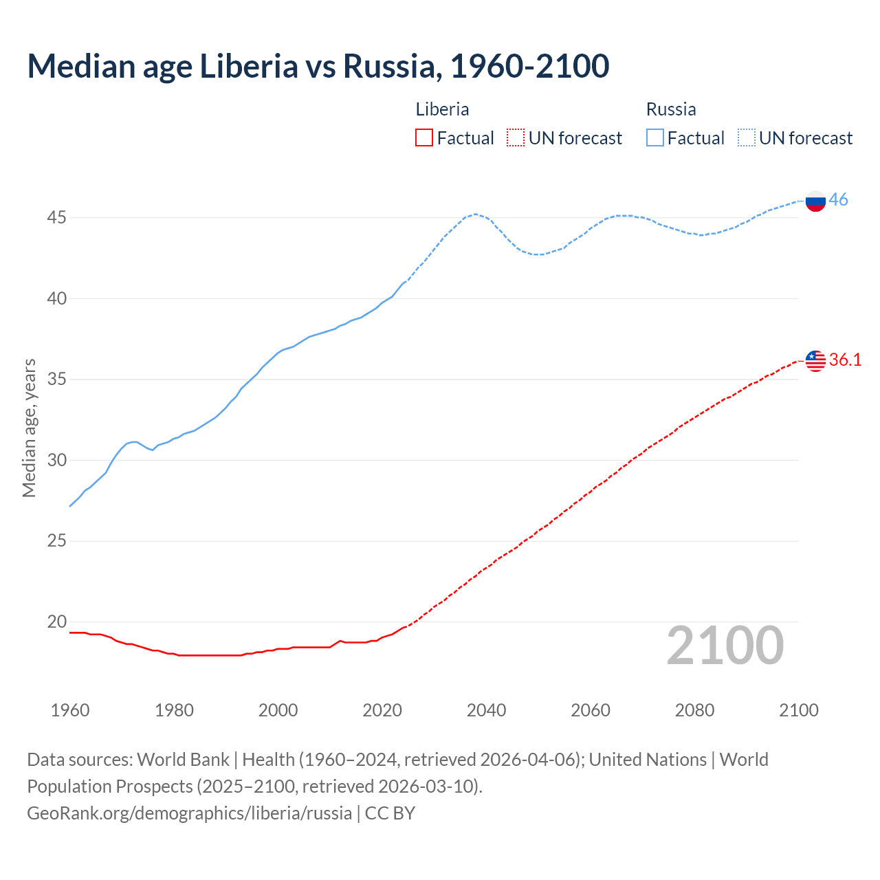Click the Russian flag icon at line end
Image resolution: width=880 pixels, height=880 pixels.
[x=815, y=201]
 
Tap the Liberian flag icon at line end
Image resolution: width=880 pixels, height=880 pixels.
[x=815, y=361]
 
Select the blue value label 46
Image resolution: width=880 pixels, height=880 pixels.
[x=838, y=200]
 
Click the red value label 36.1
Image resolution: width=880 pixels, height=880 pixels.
[x=845, y=360]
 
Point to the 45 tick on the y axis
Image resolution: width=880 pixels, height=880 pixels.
[x=56, y=218]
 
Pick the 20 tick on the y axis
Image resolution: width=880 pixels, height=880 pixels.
[x=56, y=622]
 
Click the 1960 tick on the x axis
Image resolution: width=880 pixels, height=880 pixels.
[x=70, y=710]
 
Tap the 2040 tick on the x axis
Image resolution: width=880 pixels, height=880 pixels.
[x=486, y=710]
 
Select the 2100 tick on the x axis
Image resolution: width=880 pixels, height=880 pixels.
[x=798, y=710]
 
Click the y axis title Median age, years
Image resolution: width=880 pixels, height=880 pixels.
[x=29, y=428]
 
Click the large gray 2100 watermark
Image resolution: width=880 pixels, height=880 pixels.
[x=725, y=646]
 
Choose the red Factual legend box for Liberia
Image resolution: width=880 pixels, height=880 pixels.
[x=424, y=138]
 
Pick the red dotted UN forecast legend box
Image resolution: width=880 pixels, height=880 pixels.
[x=516, y=138]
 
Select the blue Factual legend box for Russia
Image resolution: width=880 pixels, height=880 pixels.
[x=654, y=138]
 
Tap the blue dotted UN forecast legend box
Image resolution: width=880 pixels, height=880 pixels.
[x=746, y=138]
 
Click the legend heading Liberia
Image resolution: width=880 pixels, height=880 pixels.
[x=442, y=109]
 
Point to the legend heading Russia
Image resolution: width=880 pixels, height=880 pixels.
[x=671, y=109]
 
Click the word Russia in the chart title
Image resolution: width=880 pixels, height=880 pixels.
[x=388, y=66]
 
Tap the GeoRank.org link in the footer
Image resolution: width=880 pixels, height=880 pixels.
[x=189, y=813]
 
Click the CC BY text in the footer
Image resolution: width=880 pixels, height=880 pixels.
[x=390, y=813]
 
